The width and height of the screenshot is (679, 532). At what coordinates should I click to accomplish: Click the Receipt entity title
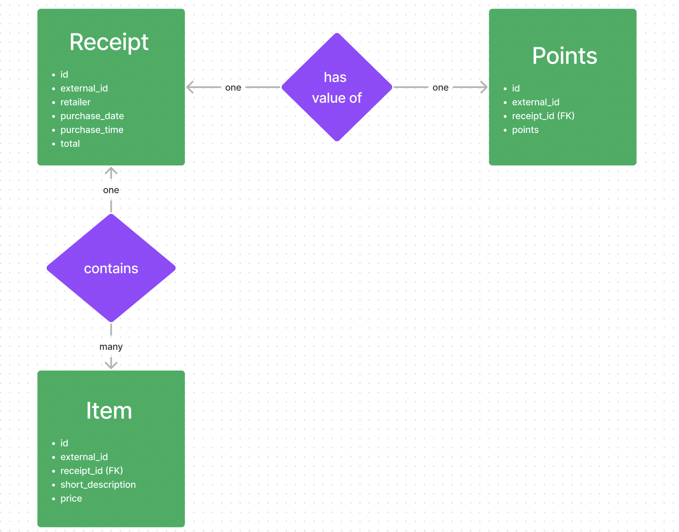pos(109,42)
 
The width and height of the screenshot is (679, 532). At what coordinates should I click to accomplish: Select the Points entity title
pos(564,56)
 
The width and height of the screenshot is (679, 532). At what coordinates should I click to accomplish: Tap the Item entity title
pos(109,411)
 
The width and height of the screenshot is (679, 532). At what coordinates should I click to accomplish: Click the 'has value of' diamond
pos(336,87)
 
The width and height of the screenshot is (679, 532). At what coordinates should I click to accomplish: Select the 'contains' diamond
pos(111,268)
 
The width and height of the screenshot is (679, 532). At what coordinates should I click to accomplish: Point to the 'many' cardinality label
pos(111,347)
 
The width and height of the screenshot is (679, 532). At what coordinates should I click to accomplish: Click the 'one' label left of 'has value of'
pos(233,87)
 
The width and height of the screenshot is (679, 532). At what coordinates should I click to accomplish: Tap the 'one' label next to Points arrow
pos(440,87)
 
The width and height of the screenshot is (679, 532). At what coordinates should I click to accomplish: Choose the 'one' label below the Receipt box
pos(111,190)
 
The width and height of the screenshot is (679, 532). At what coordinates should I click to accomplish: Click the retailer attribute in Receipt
pos(75,102)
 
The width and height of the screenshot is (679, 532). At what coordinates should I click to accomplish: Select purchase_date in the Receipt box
pos(92,116)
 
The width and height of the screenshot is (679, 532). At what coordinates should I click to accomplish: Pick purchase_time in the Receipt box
pos(92,130)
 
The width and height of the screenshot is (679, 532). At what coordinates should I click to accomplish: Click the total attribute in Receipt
pos(70,144)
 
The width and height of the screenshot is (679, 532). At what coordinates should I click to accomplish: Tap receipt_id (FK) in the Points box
pos(543,116)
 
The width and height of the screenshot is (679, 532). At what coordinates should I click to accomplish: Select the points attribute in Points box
pos(525,130)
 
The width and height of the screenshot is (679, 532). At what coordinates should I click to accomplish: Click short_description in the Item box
pos(98,485)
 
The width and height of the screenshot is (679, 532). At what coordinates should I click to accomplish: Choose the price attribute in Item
pos(71,499)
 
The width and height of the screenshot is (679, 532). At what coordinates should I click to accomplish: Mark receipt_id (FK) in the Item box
pos(92,471)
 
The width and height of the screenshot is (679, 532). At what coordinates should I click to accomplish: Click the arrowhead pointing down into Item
pos(111,364)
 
